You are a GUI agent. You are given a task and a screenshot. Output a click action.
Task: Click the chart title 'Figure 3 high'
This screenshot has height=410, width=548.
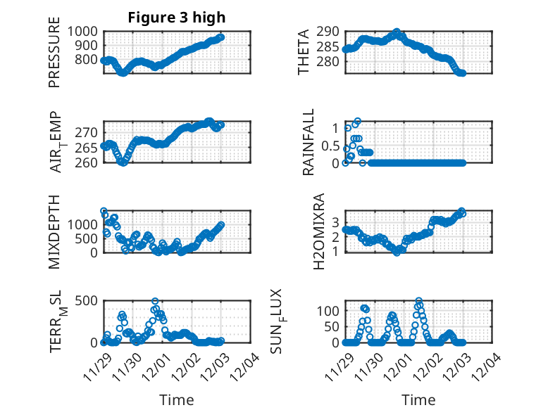tap(177, 18)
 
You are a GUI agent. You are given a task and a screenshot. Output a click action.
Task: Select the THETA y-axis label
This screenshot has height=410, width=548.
tap(304, 53)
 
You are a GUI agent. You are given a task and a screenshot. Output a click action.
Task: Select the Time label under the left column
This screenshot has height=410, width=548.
tap(177, 399)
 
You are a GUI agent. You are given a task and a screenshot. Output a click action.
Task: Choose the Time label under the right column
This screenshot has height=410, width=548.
tap(418, 399)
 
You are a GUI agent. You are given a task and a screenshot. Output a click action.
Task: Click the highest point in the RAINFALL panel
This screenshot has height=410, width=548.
tap(357, 121)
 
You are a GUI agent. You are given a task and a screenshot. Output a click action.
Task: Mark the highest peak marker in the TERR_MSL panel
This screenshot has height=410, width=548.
tap(155, 302)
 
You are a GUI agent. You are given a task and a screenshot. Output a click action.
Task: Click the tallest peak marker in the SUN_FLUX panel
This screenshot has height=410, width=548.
tap(419, 301)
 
